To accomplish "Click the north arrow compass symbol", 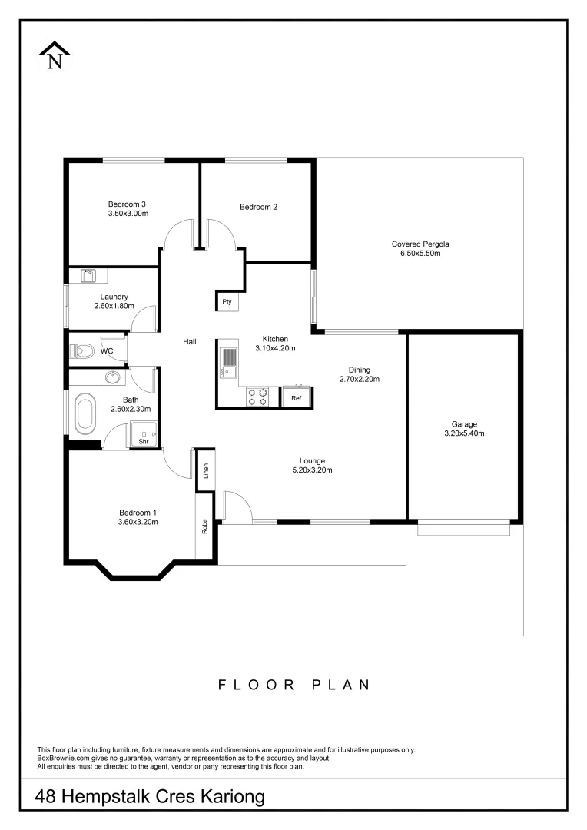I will [x=55, y=56].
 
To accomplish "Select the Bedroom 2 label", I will [x=258, y=207].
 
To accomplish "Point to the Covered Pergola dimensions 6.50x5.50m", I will [x=420, y=253].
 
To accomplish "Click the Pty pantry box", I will [x=227, y=302].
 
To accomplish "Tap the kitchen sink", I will [x=228, y=361].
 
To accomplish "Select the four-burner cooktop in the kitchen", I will [x=257, y=397].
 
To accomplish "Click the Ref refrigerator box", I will [x=296, y=397].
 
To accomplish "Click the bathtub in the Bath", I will [x=84, y=414].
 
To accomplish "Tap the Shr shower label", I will [x=143, y=442].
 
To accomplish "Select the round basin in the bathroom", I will [x=113, y=377].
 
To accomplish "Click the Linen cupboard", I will [x=205, y=471].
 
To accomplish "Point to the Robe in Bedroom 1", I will [x=205, y=527].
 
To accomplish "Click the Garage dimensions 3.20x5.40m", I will [x=464, y=433].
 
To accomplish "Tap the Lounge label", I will [x=312, y=460].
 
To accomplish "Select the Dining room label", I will [x=360, y=369].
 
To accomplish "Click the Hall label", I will [x=190, y=342].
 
